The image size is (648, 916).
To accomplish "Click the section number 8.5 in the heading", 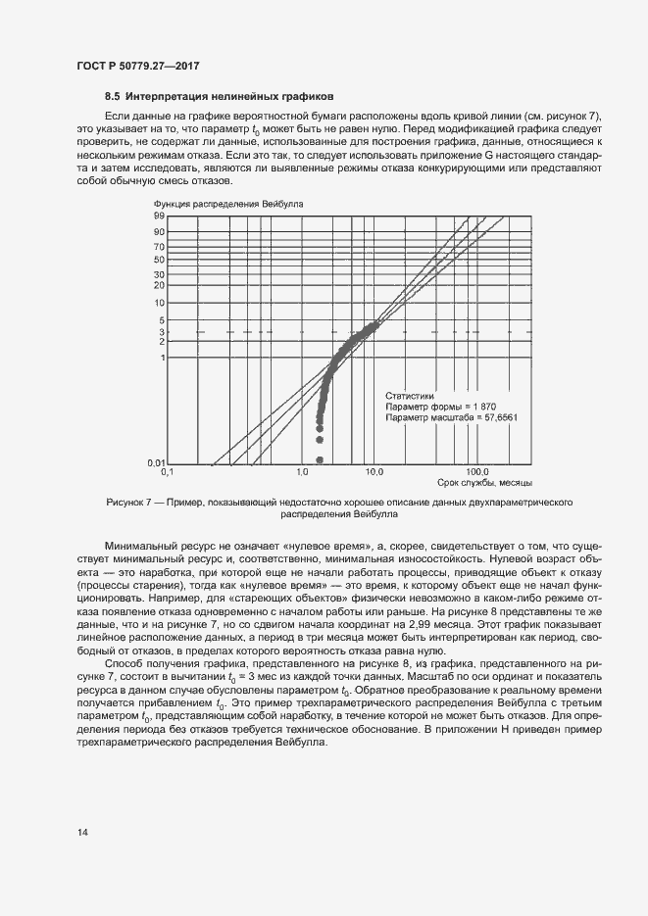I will tap(113, 98).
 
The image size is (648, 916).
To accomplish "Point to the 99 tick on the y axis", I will tap(158, 216).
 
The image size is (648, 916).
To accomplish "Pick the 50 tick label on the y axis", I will tap(158, 259).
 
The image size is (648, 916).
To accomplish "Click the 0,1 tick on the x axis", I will tap(167, 472).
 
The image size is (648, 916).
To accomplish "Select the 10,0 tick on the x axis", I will tap(374, 472).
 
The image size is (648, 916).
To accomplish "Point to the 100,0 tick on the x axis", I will tap(477, 472).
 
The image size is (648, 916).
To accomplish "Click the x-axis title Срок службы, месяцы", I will tap(485, 483).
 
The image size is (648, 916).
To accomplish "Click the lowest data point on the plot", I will tap(320, 459).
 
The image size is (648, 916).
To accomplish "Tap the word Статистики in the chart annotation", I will tap(410, 395).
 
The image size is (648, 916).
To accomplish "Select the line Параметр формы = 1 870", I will tap(436, 406).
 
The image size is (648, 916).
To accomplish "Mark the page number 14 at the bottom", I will tap(82, 833).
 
